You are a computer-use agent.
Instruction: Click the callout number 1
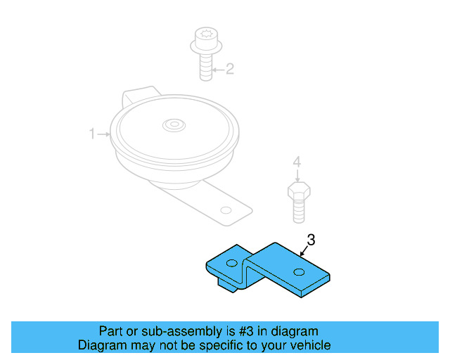pyautogui.click(x=91, y=134)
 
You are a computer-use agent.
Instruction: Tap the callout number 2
pyautogui.click(x=229, y=69)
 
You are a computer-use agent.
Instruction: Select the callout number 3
pyautogui.click(x=311, y=240)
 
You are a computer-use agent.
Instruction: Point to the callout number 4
pyautogui.click(x=297, y=162)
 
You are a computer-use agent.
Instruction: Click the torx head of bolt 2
pyautogui.click(x=207, y=34)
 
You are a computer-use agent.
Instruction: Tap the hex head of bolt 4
pyautogui.click(x=299, y=191)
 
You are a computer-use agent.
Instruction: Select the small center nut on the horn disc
pyautogui.click(x=172, y=125)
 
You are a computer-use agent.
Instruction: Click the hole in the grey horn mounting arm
pyautogui.click(x=225, y=210)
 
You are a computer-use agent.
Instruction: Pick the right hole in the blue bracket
pyautogui.click(x=300, y=272)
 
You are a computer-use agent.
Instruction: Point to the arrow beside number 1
pyautogui.click(x=104, y=134)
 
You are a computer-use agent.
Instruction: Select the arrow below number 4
pyautogui.click(x=297, y=176)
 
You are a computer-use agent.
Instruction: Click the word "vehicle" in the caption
pyautogui.click(x=310, y=345)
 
